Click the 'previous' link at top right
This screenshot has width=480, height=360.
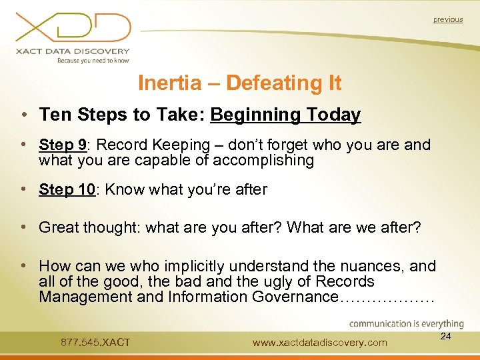click(447, 19)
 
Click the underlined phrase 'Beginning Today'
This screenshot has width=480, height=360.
click(285, 115)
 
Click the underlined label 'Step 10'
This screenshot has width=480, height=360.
click(67, 189)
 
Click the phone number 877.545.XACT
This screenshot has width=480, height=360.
click(95, 343)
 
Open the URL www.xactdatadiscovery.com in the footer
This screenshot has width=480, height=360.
click(320, 343)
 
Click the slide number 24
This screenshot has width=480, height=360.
click(446, 337)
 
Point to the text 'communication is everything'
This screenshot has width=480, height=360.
click(406, 324)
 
